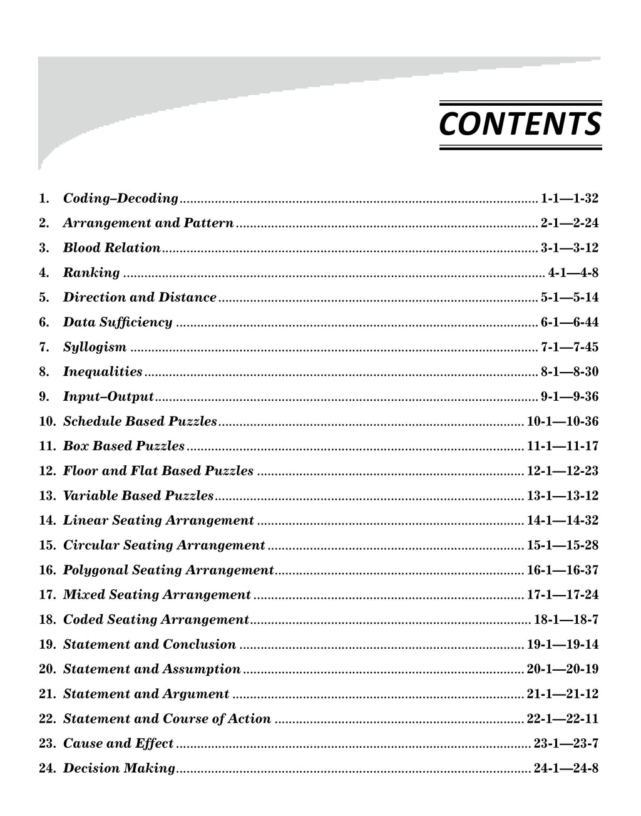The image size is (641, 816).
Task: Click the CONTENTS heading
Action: pyautogui.click(x=520, y=125)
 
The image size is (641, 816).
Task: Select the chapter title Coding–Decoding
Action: pyautogui.click(x=121, y=199)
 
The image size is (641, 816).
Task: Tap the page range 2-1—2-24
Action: pyautogui.click(x=569, y=223)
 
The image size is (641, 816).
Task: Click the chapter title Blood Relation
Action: pyautogui.click(x=111, y=248)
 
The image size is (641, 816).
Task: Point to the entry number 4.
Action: pyautogui.click(x=44, y=273)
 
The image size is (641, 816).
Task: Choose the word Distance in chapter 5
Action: pyautogui.click(x=187, y=297)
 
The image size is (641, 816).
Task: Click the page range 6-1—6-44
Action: pyautogui.click(x=569, y=323)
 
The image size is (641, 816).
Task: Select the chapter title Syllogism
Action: pyautogui.click(x=95, y=347)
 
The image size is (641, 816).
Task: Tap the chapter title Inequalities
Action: pyautogui.click(x=103, y=372)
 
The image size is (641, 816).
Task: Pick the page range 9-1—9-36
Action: pyautogui.click(x=569, y=396)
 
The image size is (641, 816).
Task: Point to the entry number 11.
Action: pyautogui.click(x=48, y=446)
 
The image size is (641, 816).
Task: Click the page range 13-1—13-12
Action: pyautogui.click(x=563, y=496)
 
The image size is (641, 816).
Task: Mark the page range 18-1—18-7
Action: pyautogui.click(x=566, y=620)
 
